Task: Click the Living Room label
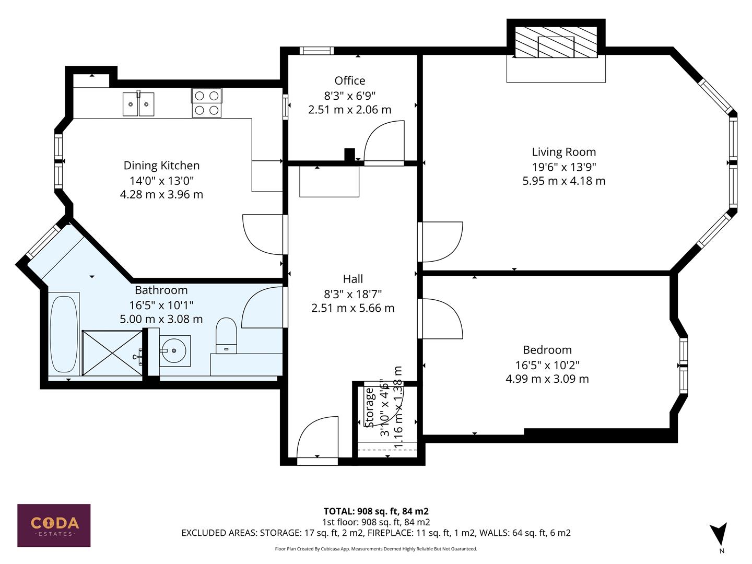click(x=563, y=152)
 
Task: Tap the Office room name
click(x=349, y=80)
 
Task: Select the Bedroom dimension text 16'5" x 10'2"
click(x=547, y=365)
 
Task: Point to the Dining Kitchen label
click(x=161, y=166)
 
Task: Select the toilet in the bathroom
click(x=226, y=335)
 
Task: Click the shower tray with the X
click(x=112, y=352)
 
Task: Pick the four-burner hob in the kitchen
click(x=206, y=102)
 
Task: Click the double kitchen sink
click(x=138, y=104)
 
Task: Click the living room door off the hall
click(x=440, y=241)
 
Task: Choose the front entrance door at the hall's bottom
click(x=318, y=439)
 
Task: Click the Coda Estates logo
click(x=54, y=525)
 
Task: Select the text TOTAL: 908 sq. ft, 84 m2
click(x=376, y=511)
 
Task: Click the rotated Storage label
click(x=370, y=407)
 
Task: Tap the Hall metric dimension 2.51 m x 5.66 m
click(x=352, y=308)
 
